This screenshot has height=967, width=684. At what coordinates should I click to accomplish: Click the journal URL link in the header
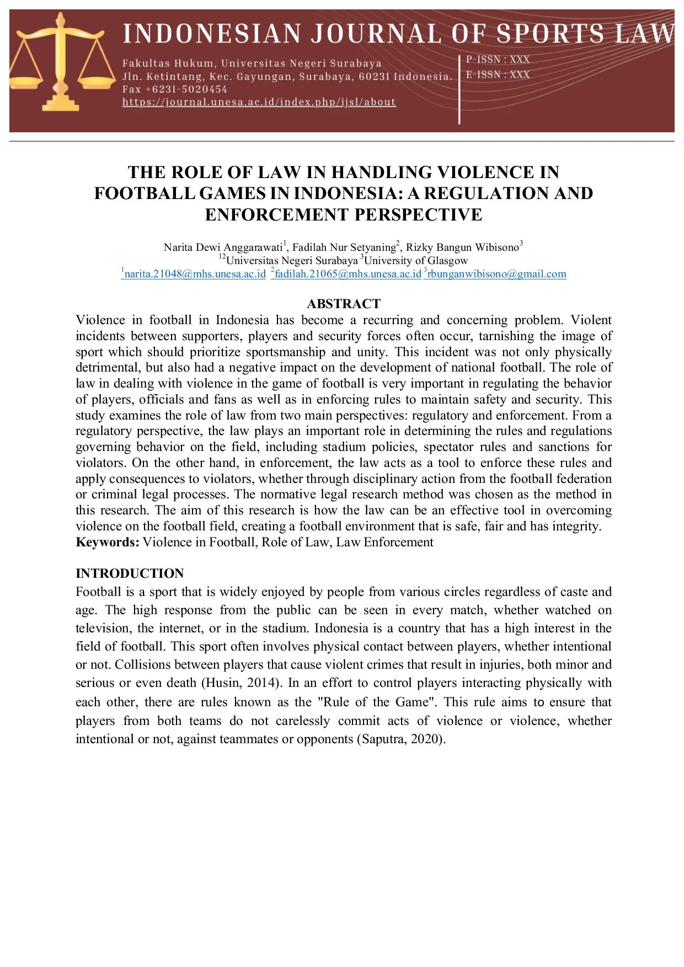click(259, 102)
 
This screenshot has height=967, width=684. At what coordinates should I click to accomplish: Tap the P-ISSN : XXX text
click(498, 60)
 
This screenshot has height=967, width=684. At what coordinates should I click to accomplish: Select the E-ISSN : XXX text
click(498, 74)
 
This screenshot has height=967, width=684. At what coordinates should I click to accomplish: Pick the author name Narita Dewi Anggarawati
click(223, 248)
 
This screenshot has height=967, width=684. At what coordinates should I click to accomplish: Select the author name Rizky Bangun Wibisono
click(462, 248)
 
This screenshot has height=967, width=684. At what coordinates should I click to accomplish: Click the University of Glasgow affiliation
click(415, 261)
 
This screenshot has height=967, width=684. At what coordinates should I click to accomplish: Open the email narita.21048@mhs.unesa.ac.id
click(195, 274)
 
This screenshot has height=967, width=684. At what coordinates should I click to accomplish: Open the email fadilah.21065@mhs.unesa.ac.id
click(348, 274)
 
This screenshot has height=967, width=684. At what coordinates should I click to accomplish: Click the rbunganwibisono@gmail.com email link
click(496, 274)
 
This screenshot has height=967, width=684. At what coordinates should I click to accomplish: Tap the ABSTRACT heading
click(343, 304)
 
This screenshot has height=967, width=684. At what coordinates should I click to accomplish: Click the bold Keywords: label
click(108, 542)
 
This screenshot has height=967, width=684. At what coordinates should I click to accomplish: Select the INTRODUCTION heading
click(130, 573)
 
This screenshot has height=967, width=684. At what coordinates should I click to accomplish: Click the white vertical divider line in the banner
click(459, 88)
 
